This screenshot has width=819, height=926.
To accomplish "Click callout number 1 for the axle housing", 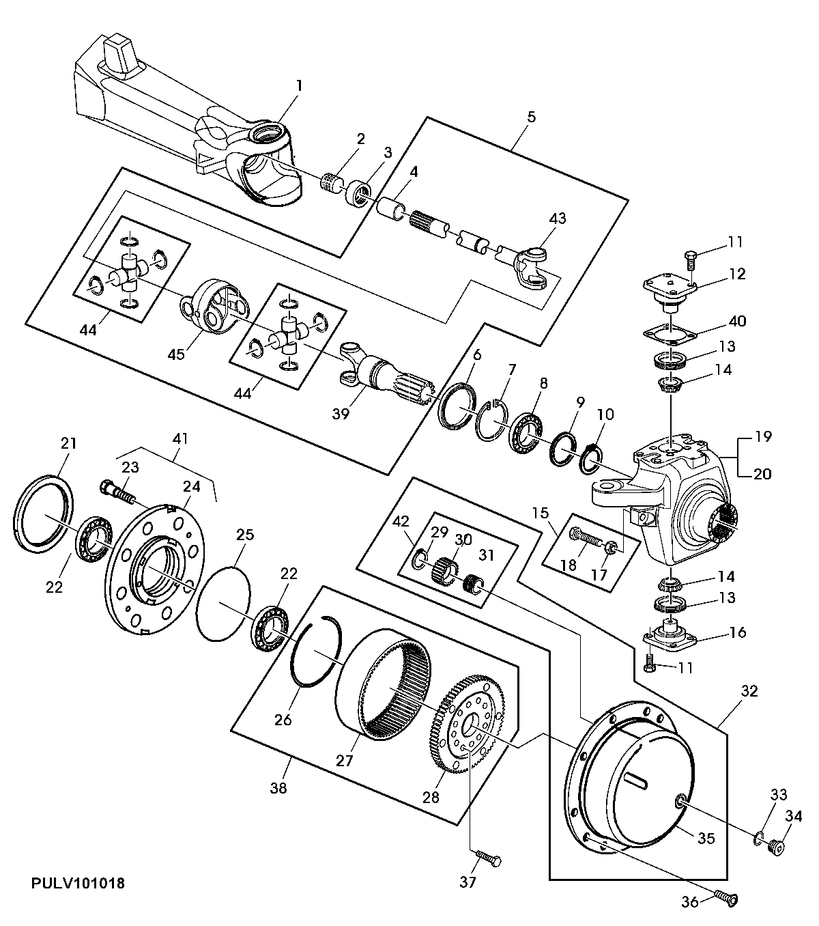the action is [x=299, y=85].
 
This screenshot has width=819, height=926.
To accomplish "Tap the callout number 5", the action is [x=531, y=117].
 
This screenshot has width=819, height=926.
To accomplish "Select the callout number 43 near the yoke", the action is [x=558, y=219].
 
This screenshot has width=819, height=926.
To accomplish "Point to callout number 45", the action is [x=176, y=354].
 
